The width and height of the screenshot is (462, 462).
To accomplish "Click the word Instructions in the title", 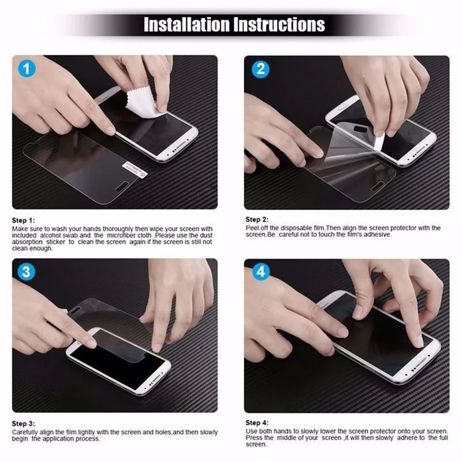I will coord(280,25).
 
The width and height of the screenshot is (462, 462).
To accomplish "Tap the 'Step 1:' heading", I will coord(24,221).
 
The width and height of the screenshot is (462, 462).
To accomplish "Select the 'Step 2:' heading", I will coord(257,219).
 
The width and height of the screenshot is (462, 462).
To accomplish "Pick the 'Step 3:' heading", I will coord(24,423).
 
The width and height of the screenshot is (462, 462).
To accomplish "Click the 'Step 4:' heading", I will coord(257,423).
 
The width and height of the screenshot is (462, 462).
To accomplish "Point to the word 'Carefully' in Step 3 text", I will coord(25,431).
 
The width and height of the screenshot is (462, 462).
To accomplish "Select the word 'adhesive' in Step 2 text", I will coord(378,234).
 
